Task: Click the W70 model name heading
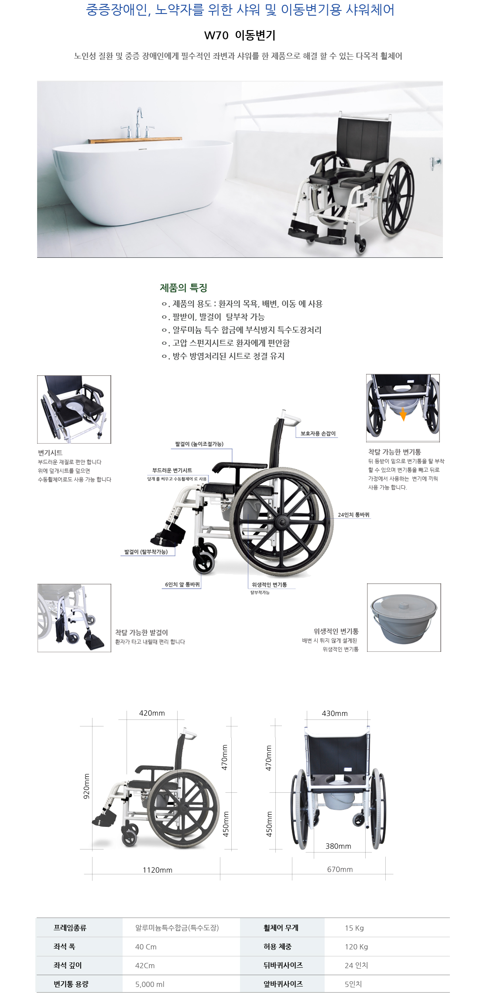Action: (x=240, y=35)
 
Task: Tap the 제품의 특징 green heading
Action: (x=183, y=288)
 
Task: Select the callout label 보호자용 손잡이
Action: (x=318, y=433)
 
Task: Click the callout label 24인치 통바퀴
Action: (x=353, y=515)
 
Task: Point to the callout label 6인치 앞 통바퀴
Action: (x=182, y=585)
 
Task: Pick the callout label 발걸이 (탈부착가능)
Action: (x=146, y=552)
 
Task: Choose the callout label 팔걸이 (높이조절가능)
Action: (x=199, y=444)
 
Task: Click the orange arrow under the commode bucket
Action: (x=403, y=414)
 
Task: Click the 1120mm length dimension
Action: (x=158, y=870)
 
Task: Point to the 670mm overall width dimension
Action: (x=340, y=869)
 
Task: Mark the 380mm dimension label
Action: (x=338, y=846)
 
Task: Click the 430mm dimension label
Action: (x=335, y=713)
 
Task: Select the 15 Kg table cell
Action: (x=354, y=928)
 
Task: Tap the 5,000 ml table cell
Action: (x=150, y=984)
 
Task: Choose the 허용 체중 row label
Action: (x=278, y=947)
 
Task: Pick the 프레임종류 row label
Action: (x=70, y=928)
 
